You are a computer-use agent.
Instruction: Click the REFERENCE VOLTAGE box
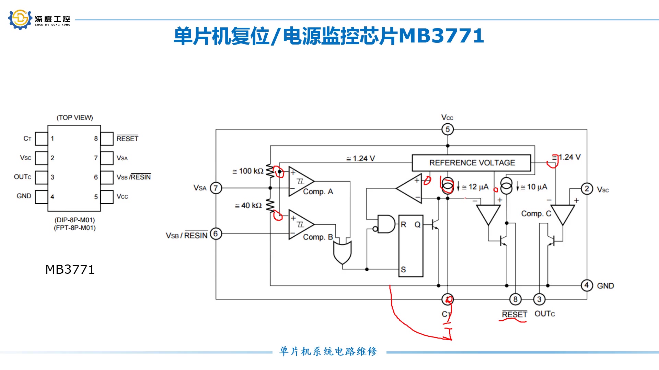(x=472, y=163)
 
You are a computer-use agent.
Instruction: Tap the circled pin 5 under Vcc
(x=447, y=129)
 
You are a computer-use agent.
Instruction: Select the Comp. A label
(x=318, y=192)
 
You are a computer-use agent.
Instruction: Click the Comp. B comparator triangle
(x=300, y=224)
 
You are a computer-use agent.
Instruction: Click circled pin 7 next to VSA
(x=216, y=188)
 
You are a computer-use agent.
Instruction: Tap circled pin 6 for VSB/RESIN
(x=216, y=234)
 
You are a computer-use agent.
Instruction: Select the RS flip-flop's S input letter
(x=403, y=270)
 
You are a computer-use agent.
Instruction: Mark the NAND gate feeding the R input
(x=385, y=224)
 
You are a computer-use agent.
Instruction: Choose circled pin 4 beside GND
(x=587, y=285)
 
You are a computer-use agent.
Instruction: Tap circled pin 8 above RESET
(x=515, y=299)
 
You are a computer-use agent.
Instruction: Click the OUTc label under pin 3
(x=544, y=314)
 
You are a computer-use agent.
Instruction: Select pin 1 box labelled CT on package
(x=41, y=139)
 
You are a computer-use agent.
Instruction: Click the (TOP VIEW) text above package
(x=74, y=118)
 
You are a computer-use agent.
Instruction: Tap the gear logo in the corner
(x=20, y=20)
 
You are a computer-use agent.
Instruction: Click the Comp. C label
(x=536, y=214)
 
